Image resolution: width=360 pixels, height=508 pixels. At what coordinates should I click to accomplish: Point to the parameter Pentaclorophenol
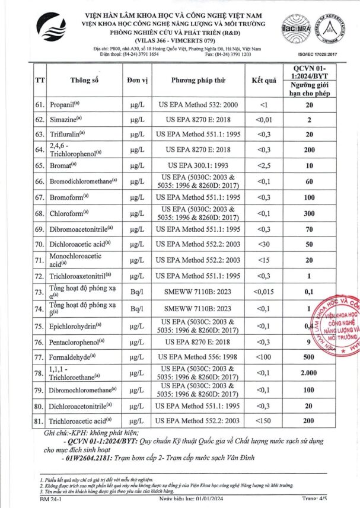pyautogui.click(x=77, y=341)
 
